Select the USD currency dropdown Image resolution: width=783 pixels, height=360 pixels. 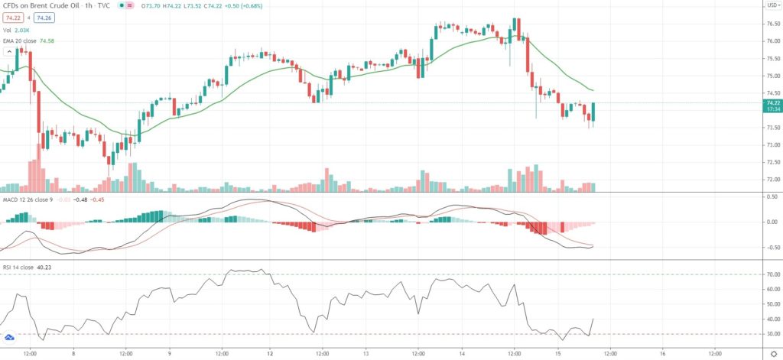(x=772, y=5)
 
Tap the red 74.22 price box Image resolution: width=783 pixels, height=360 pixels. (x=13, y=17)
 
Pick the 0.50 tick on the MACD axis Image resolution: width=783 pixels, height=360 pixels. (x=771, y=196)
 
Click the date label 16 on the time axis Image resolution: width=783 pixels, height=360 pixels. (x=662, y=354)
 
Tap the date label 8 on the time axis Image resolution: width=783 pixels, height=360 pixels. (x=73, y=354)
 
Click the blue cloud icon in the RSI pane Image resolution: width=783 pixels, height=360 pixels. (x=10, y=337)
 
